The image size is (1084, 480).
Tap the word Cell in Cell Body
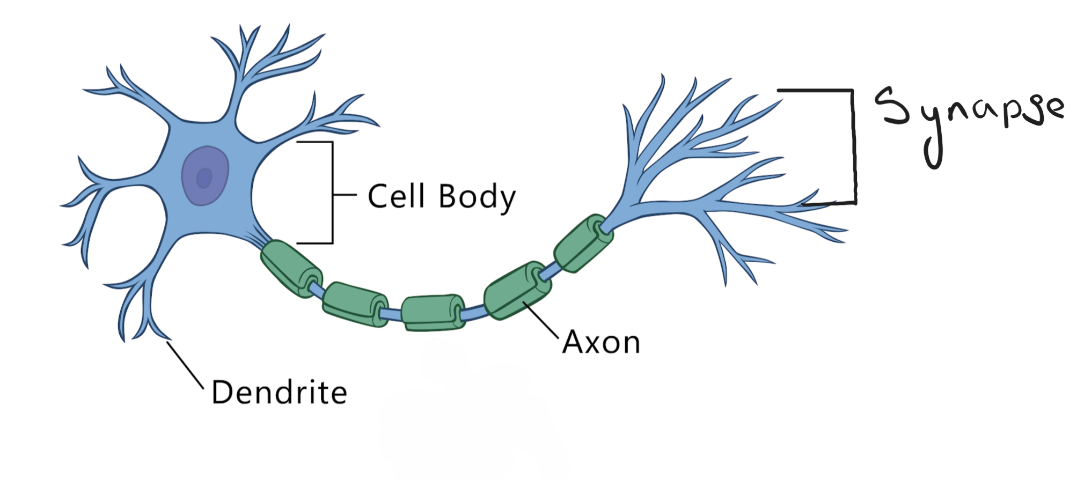396,196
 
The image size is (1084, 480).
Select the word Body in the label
477,197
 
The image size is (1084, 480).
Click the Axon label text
601,342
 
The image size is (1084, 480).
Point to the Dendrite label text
279,393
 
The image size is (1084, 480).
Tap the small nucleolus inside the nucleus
204,178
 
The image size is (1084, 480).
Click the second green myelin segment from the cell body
354,304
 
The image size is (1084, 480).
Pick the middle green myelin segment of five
432,312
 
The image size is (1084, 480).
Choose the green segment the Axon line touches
516,291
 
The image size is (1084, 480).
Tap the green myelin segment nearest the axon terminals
582,243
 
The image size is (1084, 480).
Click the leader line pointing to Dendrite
185,365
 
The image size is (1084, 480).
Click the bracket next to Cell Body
332,193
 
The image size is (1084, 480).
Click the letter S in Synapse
892,106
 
